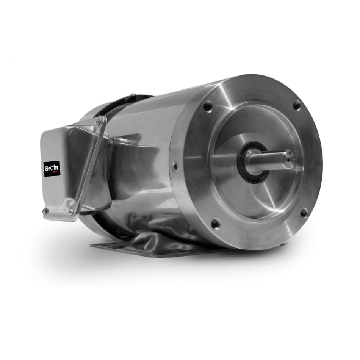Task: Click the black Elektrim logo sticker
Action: coord(52,169)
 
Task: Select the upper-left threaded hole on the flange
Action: coord(208,106)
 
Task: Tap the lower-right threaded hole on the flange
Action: coord(304,212)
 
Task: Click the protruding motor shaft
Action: coord(271,159)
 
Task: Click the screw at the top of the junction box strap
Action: coord(98,122)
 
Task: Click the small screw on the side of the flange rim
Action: coord(174,166)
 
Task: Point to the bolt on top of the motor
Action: coord(132,95)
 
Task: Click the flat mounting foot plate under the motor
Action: coord(125,248)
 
